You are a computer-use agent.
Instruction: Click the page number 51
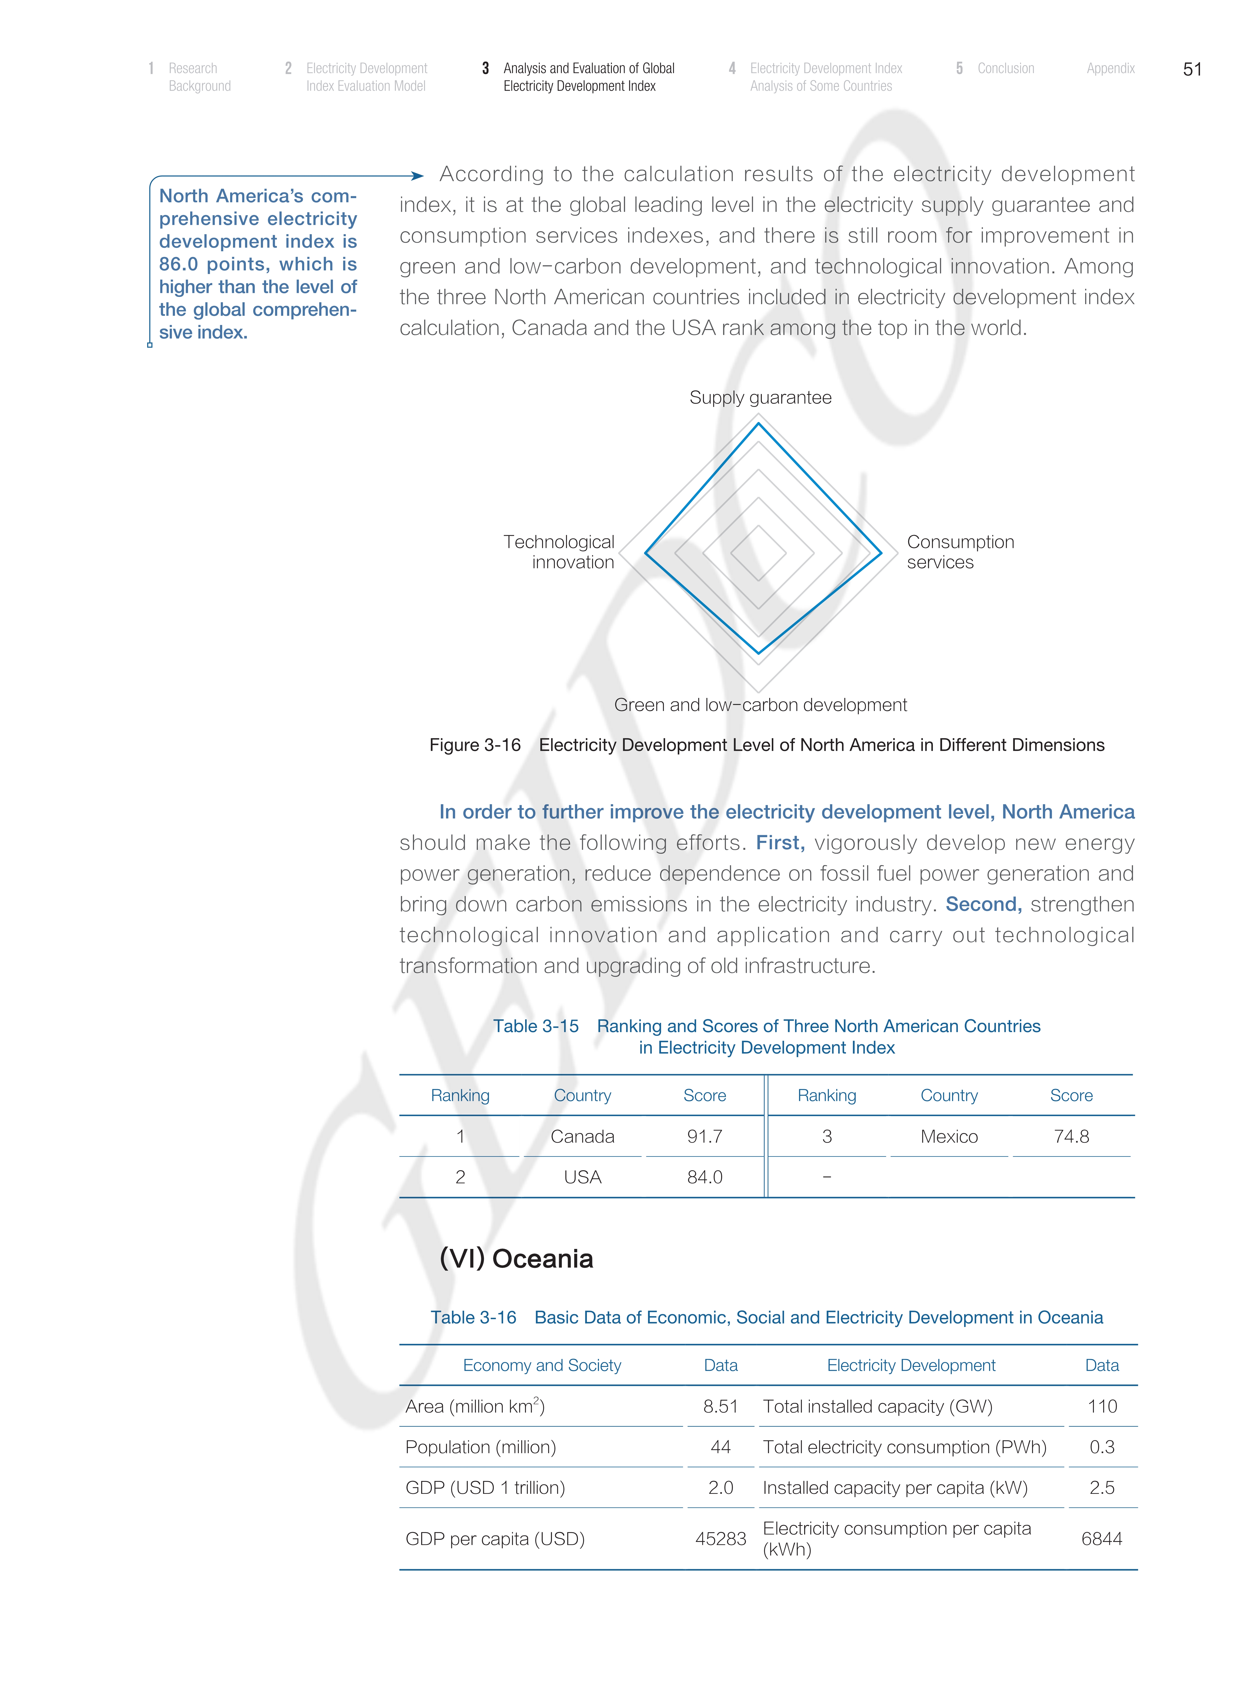[x=1192, y=70]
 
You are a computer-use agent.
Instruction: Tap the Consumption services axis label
[x=959, y=552]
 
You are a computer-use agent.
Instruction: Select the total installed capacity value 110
[x=1102, y=1406]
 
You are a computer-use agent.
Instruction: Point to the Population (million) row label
[x=480, y=1447]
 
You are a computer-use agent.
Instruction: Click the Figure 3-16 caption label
[x=475, y=745]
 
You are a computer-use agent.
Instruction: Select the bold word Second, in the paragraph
[x=983, y=904]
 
